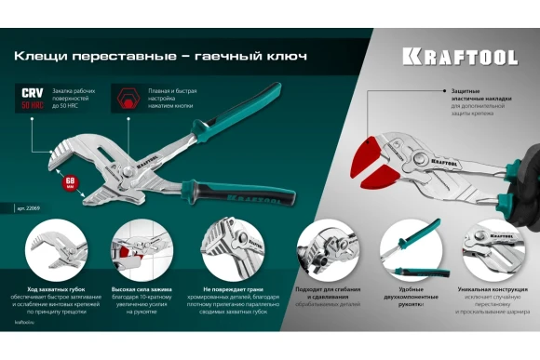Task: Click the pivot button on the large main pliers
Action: pos(109,164)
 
